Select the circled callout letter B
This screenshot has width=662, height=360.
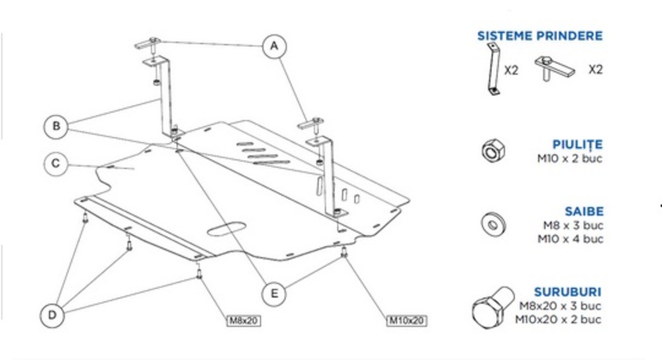56,126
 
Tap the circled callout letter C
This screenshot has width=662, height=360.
56,164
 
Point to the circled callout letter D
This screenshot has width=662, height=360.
52,316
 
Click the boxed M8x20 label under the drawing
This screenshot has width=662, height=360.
244,321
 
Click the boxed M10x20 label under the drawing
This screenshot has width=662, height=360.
406,321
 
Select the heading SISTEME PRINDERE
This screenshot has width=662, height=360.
540,36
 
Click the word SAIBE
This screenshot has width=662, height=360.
584,212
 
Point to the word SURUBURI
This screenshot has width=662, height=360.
567,292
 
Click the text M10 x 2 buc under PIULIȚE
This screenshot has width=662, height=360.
570,159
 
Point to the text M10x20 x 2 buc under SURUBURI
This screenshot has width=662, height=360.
559,319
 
